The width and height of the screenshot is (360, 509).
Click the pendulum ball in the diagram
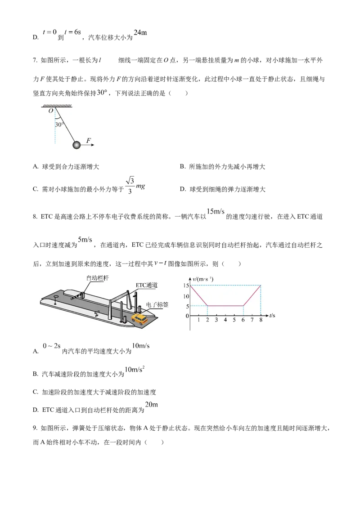click(x=76, y=145)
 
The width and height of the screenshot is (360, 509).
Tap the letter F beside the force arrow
click(x=89, y=141)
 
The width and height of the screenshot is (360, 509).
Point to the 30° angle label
click(x=59, y=125)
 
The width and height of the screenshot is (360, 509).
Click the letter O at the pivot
click(x=51, y=111)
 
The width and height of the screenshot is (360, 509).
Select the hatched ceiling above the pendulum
click(x=57, y=106)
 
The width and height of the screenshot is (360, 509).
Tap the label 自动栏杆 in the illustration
click(x=98, y=278)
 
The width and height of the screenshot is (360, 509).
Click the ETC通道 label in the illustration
click(x=147, y=285)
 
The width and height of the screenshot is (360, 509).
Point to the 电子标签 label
click(x=157, y=304)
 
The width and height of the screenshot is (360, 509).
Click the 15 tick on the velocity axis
click(x=186, y=286)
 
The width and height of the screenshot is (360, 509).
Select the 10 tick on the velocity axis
click(x=186, y=296)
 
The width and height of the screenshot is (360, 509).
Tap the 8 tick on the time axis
click(x=261, y=320)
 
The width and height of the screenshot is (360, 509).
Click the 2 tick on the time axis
click(x=207, y=320)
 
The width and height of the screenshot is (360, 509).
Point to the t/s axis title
click(x=272, y=315)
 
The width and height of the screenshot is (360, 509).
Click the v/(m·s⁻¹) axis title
click(x=203, y=279)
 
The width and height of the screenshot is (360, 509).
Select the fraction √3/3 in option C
click(x=130, y=185)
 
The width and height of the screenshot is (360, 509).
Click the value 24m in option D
click(x=140, y=32)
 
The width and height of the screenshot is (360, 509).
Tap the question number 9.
click(x=35, y=428)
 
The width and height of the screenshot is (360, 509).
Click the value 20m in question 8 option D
click(x=151, y=405)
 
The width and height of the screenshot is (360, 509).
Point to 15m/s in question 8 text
click(x=216, y=211)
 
